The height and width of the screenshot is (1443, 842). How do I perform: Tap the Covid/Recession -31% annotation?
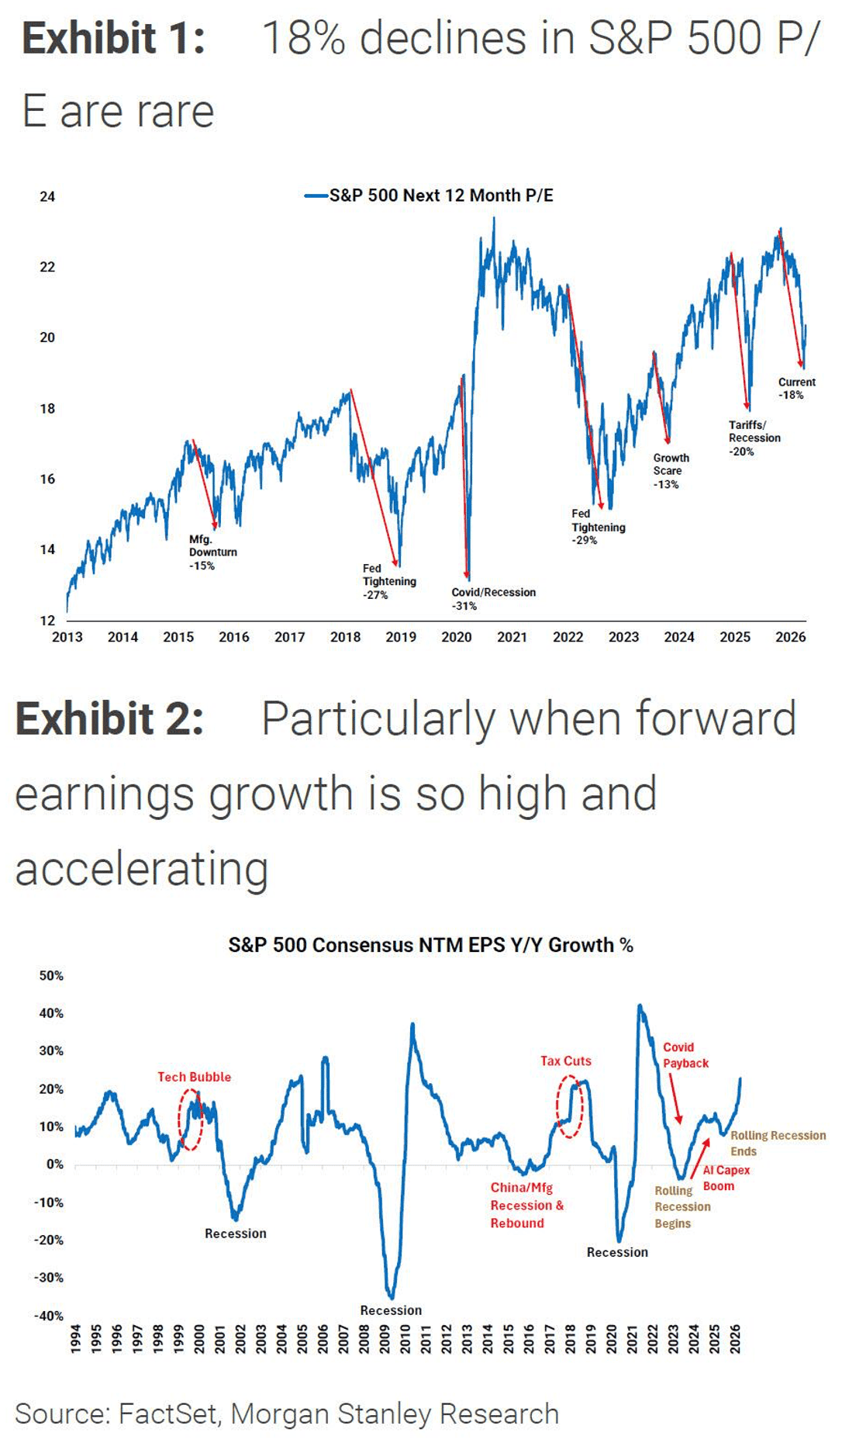pyautogui.click(x=493, y=599)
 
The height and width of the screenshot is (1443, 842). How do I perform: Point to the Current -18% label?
pyautogui.click(x=796, y=388)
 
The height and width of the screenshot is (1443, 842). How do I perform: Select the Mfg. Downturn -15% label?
pyautogui.click(x=212, y=552)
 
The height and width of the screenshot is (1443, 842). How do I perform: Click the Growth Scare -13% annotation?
pyautogui.click(x=671, y=471)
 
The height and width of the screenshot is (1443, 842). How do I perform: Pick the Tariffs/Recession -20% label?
pyautogui.click(x=754, y=438)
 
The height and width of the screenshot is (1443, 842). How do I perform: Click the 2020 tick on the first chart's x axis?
pyautogui.click(x=457, y=637)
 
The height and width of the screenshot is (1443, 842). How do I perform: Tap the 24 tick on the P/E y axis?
pyautogui.click(x=47, y=196)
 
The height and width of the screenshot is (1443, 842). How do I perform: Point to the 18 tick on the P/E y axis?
pyautogui.click(x=47, y=408)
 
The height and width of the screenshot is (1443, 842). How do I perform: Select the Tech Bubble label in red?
pyautogui.click(x=194, y=1077)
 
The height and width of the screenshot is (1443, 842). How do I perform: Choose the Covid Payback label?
pyautogui.click(x=685, y=1055)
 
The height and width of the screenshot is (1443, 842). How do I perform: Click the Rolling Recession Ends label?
pyautogui.click(x=778, y=1144)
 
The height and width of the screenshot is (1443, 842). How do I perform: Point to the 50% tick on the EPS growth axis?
pyautogui.click(x=51, y=975)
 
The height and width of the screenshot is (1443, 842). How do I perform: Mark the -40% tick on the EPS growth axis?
pyautogui.click(x=49, y=1316)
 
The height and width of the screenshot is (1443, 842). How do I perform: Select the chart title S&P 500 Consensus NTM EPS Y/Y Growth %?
pyautogui.click(x=430, y=945)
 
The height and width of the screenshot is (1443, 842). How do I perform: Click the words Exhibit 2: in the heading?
pyautogui.click(x=109, y=718)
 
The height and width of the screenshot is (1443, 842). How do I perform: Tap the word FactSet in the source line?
pyautogui.click(x=167, y=1414)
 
